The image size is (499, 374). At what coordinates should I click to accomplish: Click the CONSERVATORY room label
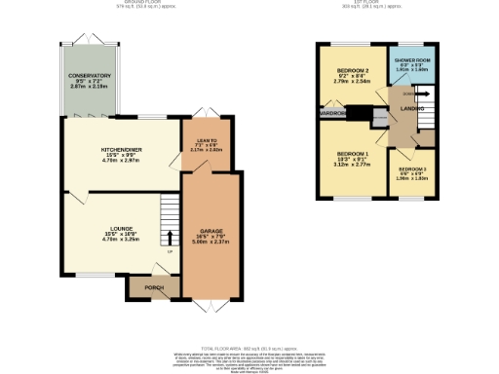[x=89, y=75]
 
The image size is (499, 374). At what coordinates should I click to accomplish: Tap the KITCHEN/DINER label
[x=122, y=149]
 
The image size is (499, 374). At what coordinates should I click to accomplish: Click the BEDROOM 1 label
[x=352, y=154]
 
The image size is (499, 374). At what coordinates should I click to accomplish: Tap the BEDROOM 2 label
[x=352, y=71]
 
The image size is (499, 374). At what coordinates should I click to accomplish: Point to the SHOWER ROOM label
[x=411, y=60]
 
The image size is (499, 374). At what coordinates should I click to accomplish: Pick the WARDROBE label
[x=330, y=113]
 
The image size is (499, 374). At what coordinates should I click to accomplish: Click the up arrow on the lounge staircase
[x=171, y=236]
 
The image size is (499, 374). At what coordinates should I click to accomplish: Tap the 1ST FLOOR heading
[x=375, y=4]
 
